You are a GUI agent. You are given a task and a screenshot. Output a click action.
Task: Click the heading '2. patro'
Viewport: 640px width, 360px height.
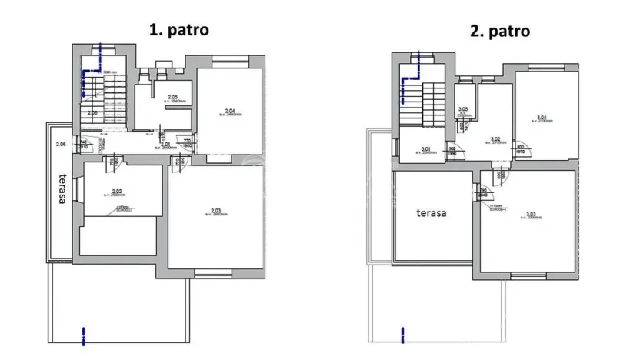click(500, 32)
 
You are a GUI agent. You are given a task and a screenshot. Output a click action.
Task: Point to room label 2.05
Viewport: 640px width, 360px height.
click(173, 98)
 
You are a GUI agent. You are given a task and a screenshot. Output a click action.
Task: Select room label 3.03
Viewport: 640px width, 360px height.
click(532, 215)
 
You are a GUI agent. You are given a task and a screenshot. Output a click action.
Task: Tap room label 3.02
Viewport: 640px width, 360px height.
click(497, 139)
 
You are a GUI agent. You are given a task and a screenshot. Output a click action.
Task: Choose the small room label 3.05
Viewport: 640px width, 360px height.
click(463, 111)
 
